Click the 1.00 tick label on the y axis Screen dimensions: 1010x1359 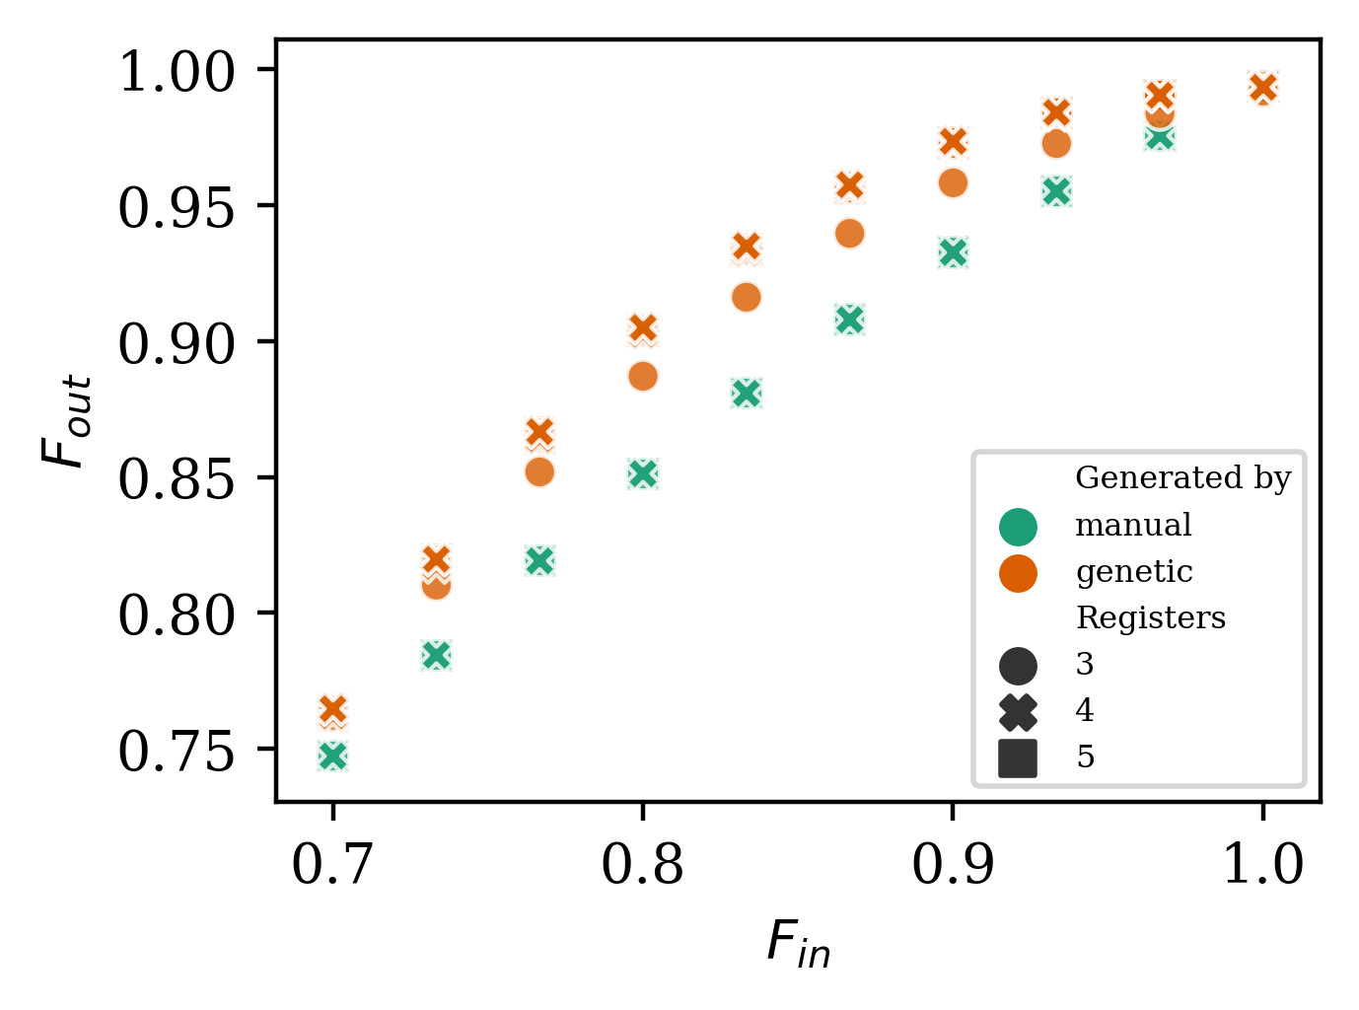[x=178, y=72]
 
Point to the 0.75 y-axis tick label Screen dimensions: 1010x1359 [x=178, y=752]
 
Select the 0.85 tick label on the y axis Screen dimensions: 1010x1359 [x=178, y=480]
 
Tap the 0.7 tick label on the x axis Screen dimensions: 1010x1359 [x=333, y=865]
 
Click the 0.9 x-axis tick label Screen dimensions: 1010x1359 [x=952, y=865]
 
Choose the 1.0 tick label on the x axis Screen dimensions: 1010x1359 [x=1262, y=865]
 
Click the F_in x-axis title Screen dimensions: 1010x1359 [x=798, y=943]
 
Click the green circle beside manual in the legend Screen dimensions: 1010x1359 [x=1018, y=526]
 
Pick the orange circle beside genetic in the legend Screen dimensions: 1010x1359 [x=1018, y=572]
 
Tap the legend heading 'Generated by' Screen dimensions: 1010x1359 [x=1182, y=478]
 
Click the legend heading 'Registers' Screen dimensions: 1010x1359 [x=1151, y=618]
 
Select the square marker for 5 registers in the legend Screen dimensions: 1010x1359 [x=1018, y=757]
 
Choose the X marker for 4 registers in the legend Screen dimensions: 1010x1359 [x=1018, y=711]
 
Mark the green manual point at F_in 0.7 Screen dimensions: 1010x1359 [x=333, y=757]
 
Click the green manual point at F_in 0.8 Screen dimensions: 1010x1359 [x=643, y=473]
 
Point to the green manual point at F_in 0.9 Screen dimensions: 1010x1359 [x=953, y=252]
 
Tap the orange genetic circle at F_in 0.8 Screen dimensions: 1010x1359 [x=643, y=377]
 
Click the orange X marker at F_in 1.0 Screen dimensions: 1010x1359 [x=1262, y=88]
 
